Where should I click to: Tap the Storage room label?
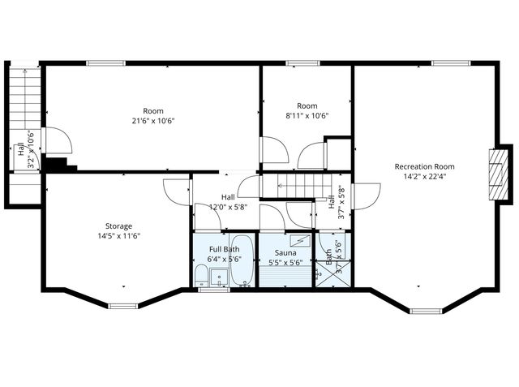click(118, 226)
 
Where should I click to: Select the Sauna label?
click(285, 253)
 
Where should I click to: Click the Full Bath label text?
click(225, 249)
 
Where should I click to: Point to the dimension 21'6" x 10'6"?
click(153, 120)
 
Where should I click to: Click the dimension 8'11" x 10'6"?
click(307, 115)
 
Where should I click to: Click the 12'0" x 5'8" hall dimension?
click(228, 206)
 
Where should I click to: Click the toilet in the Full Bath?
click(200, 275)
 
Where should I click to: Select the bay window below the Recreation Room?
click(426, 310)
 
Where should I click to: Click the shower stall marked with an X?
click(341, 273)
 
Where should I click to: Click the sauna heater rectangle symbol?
click(301, 240)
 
